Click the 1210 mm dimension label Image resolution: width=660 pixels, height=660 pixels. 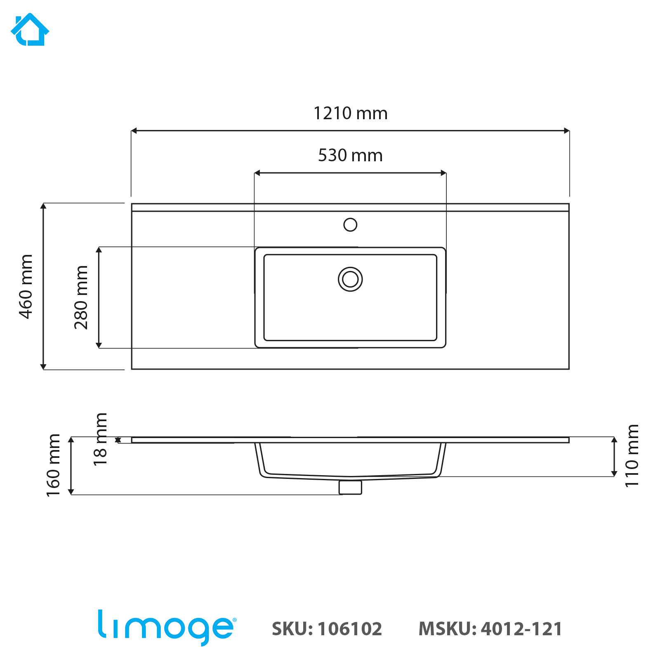click(x=351, y=113)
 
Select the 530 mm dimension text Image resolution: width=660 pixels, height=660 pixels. click(x=350, y=156)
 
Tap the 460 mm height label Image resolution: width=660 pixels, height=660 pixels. click(x=26, y=286)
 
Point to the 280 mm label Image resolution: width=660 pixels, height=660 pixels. click(x=81, y=297)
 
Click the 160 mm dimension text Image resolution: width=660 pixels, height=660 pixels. click(x=54, y=465)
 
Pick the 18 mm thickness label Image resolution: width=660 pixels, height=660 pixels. click(x=100, y=439)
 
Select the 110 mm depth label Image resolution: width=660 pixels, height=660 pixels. click(x=632, y=456)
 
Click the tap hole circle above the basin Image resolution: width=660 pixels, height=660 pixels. click(x=350, y=225)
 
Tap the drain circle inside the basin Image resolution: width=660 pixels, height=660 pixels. click(x=350, y=279)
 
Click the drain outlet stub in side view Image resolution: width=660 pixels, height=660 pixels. click(x=350, y=487)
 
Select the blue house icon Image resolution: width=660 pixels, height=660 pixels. click(x=30, y=30)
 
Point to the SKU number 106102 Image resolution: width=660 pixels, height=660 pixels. click(x=350, y=629)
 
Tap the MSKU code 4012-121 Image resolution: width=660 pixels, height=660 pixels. click(x=521, y=629)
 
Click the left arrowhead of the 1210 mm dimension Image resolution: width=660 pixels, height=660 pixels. click(x=134, y=131)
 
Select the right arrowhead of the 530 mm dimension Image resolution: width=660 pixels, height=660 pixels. click(x=444, y=173)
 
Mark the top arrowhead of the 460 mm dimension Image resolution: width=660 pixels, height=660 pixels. click(x=43, y=206)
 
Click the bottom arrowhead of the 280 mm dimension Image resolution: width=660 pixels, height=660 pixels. click(x=99, y=345)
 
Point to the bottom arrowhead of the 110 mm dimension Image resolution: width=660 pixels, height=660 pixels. click(x=614, y=474)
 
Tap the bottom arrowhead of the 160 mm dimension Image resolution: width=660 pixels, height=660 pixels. click(x=71, y=492)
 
